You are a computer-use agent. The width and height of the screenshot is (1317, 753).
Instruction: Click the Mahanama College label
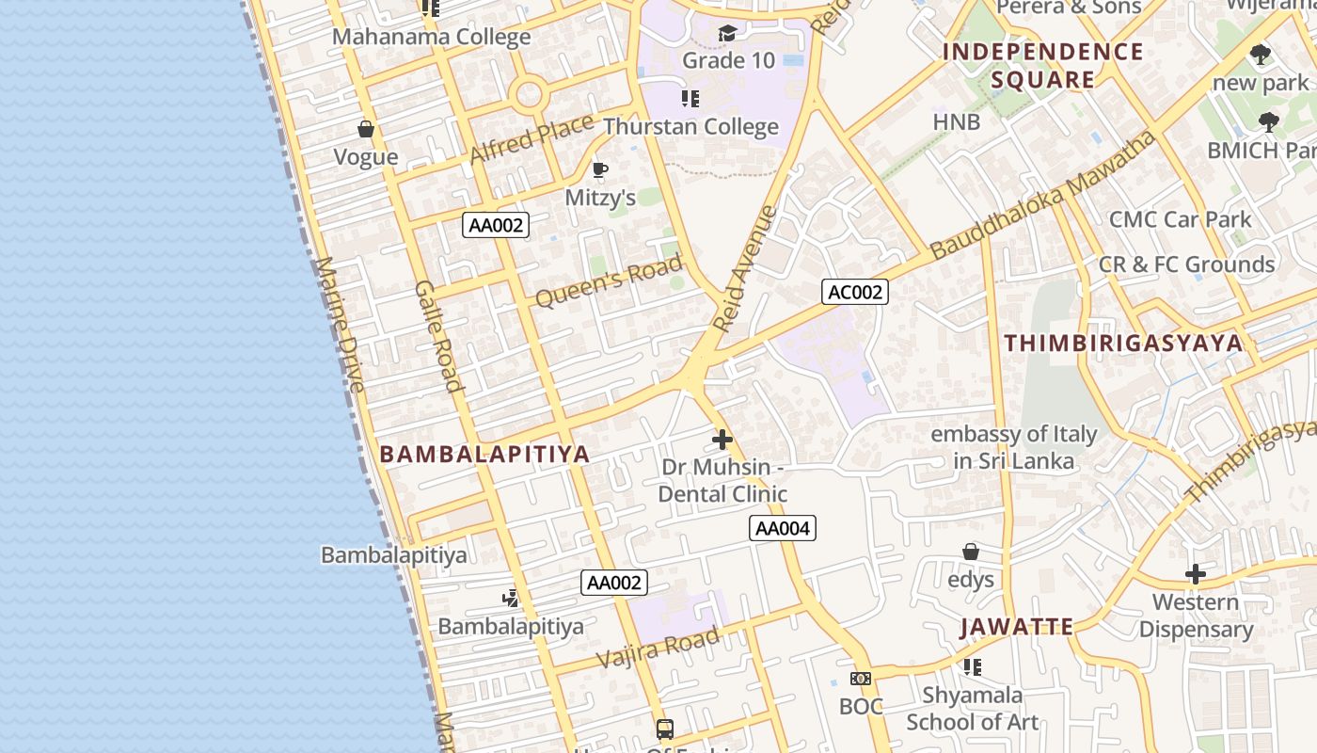pos(432,38)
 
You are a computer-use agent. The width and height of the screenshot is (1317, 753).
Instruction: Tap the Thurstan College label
pos(690,127)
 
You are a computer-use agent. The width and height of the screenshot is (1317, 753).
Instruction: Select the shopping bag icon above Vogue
pos(366,129)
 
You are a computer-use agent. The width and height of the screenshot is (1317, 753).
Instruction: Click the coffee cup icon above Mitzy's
pos(599,170)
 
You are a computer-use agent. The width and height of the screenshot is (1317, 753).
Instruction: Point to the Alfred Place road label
pos(532,138)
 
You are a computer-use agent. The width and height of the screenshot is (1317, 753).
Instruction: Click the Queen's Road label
pos(608,282)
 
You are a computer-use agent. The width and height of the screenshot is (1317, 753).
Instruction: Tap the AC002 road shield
pos(854,292)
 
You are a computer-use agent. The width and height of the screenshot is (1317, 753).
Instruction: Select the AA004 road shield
pos(783,528)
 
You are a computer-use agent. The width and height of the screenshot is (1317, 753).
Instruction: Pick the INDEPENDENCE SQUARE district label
pos(1043,66)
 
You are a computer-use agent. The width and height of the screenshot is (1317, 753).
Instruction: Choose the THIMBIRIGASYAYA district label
pos(1124,344)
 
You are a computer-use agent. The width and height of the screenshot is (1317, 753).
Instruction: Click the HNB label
pos(957,121)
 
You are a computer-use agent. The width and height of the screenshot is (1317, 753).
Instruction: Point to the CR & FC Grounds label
pos(1186,264)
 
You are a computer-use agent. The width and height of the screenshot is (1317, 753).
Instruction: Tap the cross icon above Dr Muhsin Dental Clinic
pos(722,440)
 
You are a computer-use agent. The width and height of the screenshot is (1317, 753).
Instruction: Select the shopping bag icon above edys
pos(971,552)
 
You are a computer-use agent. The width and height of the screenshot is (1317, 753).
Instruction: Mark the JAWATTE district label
pos(1017,627)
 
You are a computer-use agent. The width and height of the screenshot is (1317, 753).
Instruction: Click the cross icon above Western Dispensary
pos(1196,573)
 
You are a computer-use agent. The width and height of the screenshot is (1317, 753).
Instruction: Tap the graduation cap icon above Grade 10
pos(727,34)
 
